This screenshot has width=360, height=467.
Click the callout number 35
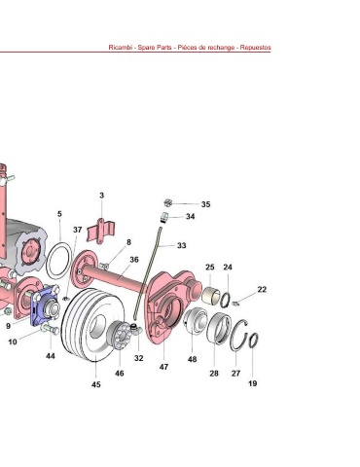point(205,204)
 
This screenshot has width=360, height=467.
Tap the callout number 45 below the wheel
point(96,384)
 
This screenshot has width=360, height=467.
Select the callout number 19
point(253,383)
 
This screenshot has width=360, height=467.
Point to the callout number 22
point(262,289)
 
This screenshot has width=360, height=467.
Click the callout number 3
point(102,196)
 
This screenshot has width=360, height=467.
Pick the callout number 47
point(163,367)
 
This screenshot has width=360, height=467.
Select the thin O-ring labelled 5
point(59,261)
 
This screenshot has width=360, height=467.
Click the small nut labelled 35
point(167,203)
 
